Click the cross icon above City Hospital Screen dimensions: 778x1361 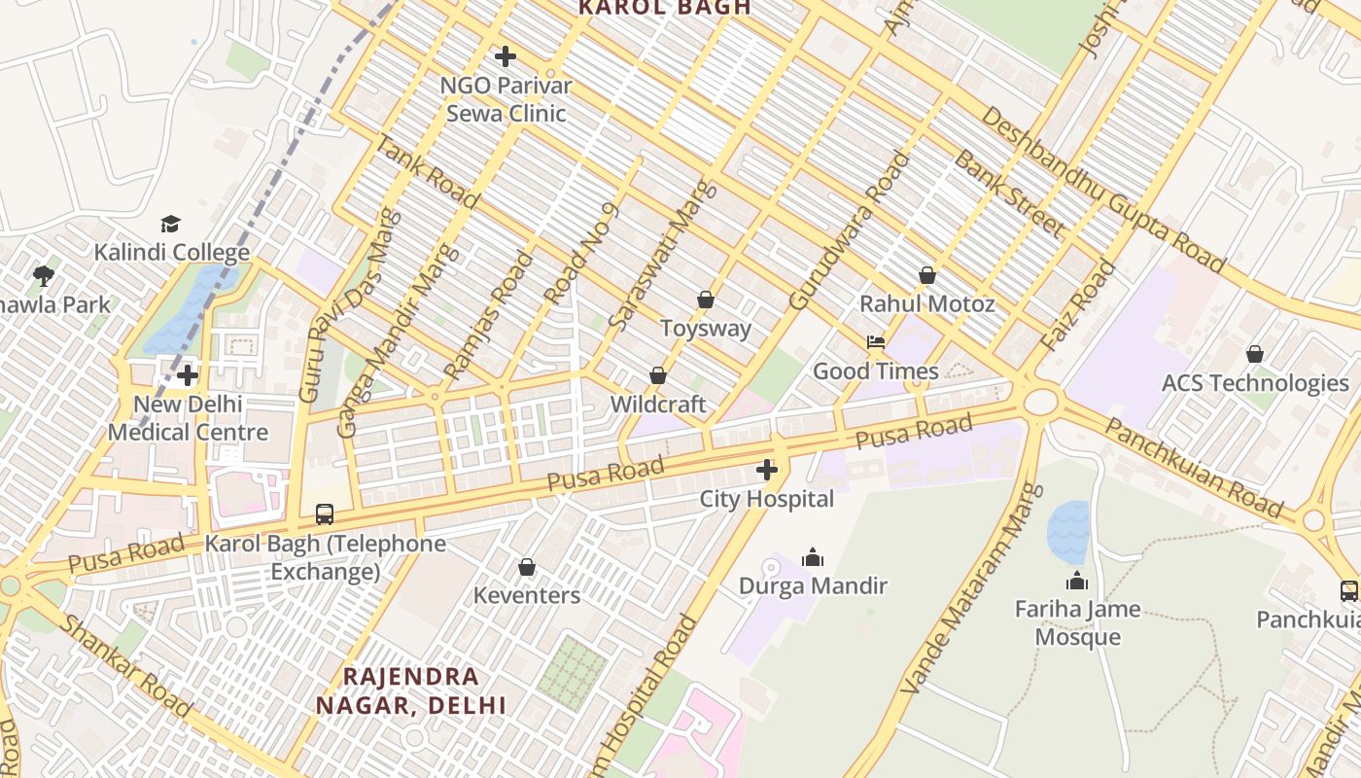click(x=766, y=471)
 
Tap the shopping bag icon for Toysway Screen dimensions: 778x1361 click(x=706, y=300)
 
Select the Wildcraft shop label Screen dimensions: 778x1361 click(x=658, y=404)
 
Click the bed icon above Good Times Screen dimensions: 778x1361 click(x=876, y=342)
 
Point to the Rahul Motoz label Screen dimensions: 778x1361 click(x=926, y=304)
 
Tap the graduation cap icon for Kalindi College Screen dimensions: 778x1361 click(x=171, y=225)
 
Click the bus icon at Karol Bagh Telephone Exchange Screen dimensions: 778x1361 click(x=325, y=513)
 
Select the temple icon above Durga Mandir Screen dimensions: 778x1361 click(x=813, y=557)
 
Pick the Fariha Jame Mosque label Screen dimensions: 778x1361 click(x=1077, y=623)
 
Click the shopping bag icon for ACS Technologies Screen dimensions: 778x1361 click(x=1255, y=354)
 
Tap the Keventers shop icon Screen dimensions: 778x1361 click(x=527, y=567)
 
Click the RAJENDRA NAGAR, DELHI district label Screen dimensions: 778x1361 click(x=411, y=690)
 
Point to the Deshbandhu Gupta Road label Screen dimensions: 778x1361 click(x=1102, y=189)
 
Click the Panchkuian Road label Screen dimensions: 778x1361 click(x=1194, y=468)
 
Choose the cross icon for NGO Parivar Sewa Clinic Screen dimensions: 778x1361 click(x=506, y=56)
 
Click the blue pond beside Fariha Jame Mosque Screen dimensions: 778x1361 click(x=1067, y=531)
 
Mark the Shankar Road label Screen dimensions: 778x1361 click(x=124, y=665)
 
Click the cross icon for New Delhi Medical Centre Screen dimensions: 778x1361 click(x=188, y=375)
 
